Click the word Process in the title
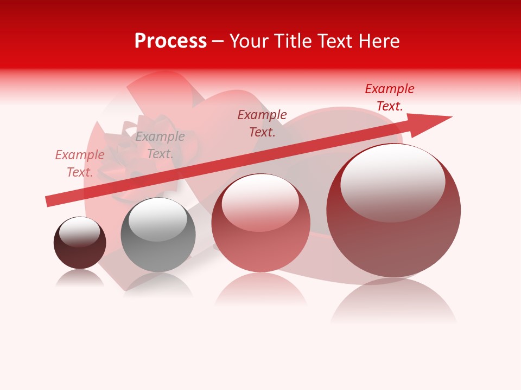point(170,41)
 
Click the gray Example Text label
point(160,145)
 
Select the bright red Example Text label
point(389,97)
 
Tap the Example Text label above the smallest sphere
point(79,164)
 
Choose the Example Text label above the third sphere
point(262,123)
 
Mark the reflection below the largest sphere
point(393,301)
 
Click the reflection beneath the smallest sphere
point(80,278)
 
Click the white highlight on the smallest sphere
point(79,231)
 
